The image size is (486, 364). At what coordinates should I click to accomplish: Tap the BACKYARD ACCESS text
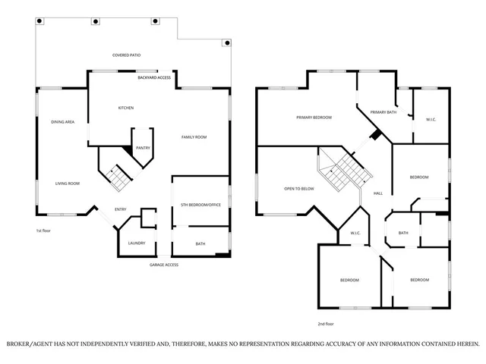point(154,77)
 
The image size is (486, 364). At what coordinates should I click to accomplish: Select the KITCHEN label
point(125,108)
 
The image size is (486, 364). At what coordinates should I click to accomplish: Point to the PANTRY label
point(142,148)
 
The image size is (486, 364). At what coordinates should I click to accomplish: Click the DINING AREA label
point(62,122)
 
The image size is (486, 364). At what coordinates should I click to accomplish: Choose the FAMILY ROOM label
point(194,137)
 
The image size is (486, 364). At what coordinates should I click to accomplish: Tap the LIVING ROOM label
point(67,183)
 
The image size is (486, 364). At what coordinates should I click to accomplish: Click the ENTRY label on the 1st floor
point(121,209)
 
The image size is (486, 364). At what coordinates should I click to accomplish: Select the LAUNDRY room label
point(137,243)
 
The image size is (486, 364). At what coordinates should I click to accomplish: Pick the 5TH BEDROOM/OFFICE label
point(201,206)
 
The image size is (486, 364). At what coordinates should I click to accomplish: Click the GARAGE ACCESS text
point(163,265)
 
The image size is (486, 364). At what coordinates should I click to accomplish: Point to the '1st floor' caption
point(43,230)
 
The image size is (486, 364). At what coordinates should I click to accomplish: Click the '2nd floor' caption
point(326,323)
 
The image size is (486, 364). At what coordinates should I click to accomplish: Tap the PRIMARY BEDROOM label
point(314,118)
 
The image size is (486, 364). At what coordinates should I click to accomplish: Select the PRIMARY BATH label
point(383,112)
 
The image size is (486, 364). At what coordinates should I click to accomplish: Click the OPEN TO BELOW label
point(299,188)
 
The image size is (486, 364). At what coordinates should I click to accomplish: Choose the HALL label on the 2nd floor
point(377,193)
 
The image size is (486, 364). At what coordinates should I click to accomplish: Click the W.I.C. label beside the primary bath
point(430,119)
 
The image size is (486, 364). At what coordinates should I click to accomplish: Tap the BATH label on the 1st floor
point(200,243)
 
